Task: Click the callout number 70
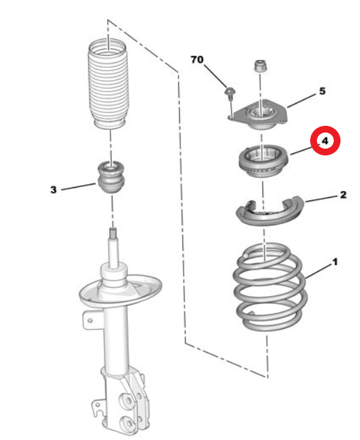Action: (197, 59)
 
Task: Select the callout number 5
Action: (322, 91)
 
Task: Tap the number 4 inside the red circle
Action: (324, 141)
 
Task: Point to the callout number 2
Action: (343, 194)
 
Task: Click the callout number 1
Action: (334, 262)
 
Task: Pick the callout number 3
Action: (53, 190)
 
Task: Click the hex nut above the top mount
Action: (260, 66)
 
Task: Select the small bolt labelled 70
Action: (230, 94)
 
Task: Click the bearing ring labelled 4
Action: (263, 161)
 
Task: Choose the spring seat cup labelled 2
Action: (270, 211)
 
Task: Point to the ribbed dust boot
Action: (108, 84)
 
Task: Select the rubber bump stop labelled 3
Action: (112, 177)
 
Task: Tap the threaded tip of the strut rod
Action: (113, 233)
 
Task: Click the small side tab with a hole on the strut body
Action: (89, 320)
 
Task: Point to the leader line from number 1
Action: (318, 270)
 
